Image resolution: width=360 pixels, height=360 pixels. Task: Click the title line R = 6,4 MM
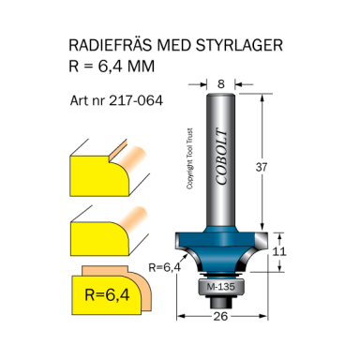pyautogui.click(x=111, y=66)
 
